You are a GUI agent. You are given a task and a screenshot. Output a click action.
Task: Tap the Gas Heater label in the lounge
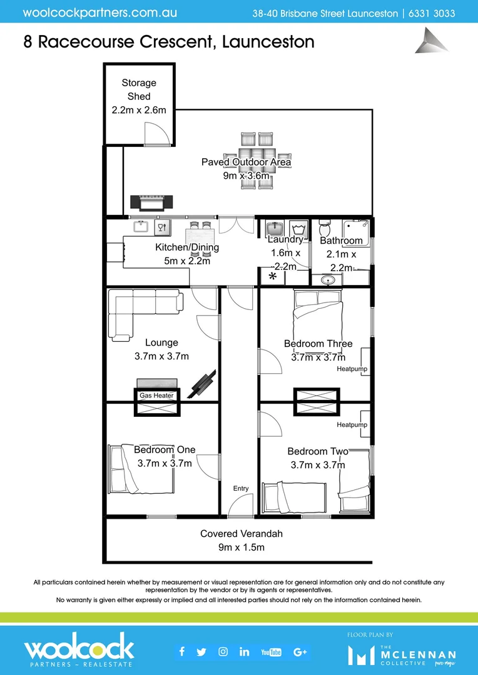156,396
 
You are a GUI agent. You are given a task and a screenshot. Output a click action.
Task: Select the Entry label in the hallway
240,489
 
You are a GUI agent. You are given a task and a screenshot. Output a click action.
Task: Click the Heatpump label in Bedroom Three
352,369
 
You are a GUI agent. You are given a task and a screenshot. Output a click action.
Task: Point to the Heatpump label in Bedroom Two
352,425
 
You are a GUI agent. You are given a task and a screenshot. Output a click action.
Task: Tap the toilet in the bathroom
325,226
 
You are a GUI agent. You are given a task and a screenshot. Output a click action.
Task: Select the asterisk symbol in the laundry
273,276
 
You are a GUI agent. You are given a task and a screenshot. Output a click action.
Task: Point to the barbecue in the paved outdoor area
151,202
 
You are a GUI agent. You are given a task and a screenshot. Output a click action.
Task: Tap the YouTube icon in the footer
271,652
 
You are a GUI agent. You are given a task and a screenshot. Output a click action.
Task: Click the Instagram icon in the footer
223,652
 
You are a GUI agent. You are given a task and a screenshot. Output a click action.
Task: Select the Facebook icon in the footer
182,652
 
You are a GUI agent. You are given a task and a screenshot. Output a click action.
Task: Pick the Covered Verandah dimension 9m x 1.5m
242,547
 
